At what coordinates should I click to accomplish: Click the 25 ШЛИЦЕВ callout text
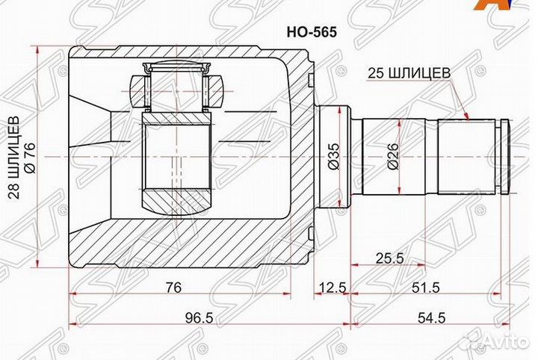pyautogui.click(x=408, y=72)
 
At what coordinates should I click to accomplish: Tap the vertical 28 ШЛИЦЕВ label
pyautogui.click(x=13, y=158)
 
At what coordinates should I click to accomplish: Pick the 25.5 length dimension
pyautogui.click(x=389, y=258)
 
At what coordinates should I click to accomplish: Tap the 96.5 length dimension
pyautogui.click(x=199, y=317)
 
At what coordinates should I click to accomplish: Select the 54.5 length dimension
pyautogui.click(x=432, y=317)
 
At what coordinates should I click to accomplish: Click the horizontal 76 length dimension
pyautogui.click(x=173, y=288)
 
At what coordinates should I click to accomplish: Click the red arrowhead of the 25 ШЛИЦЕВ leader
pyautogui.click(x=467, y=117)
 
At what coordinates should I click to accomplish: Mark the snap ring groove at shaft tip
pyautogui.click(x=504, y=158)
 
